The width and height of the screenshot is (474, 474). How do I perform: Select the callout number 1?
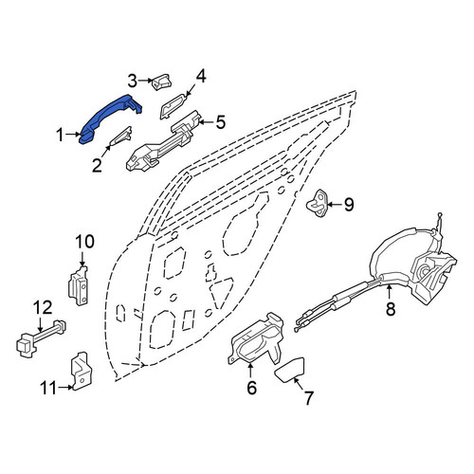[x=60, y=135]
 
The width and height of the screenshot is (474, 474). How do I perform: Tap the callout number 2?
[x=97, y=166]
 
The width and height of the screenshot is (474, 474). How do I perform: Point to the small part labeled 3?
[x=162, y=82]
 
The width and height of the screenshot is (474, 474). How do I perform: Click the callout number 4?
[x=201, y=77]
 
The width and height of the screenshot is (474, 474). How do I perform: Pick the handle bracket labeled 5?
[x=164, y=142]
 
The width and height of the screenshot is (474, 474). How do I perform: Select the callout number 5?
[x=221, y=122]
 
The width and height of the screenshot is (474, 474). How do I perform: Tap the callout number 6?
[x=251, y=388]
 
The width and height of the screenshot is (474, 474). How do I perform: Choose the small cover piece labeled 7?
[x=290, y=369]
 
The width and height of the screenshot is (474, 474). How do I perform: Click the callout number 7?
[x=308, y=398]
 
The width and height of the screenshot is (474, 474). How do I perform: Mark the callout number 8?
[x=391, y=309]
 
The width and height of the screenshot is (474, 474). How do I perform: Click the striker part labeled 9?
[x=317, y=203]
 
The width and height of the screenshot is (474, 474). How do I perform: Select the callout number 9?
[x=349, y=205]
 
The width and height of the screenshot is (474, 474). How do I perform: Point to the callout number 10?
[x=84, y=242]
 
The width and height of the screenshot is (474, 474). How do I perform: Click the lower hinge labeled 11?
[x=79, y=372]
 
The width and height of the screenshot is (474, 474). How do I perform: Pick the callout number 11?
[x=48, y=388]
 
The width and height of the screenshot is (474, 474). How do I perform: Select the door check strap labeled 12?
[x=41, y=338]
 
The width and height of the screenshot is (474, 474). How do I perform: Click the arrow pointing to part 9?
[x=335, y=205]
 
